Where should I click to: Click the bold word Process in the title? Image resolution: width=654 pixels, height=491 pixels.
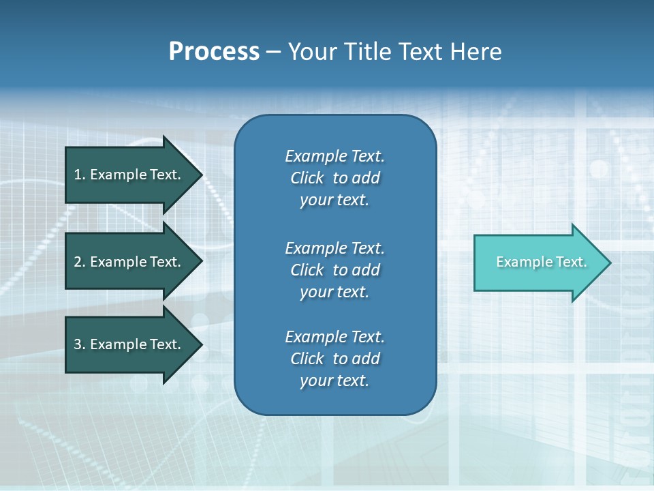(214, 52)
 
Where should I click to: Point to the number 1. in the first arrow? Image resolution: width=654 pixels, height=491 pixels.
(80, 175)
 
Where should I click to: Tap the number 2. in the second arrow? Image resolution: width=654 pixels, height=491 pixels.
(80, 262)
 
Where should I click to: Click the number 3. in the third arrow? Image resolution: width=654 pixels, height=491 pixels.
(80, 344)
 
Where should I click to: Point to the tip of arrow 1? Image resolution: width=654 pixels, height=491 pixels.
(200, 175)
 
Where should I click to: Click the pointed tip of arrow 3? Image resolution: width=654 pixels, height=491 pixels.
(200, 344)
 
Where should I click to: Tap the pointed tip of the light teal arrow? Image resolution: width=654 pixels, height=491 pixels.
(608, 263)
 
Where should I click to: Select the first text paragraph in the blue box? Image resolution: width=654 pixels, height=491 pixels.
(334, 178)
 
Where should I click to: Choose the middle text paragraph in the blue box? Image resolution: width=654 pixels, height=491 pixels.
(334, 270)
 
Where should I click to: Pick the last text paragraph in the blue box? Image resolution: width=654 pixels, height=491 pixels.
(334, 359)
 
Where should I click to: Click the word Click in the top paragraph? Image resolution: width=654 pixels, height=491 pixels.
(307, 178)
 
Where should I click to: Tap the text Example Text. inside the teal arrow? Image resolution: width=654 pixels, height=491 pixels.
(541, 262)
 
